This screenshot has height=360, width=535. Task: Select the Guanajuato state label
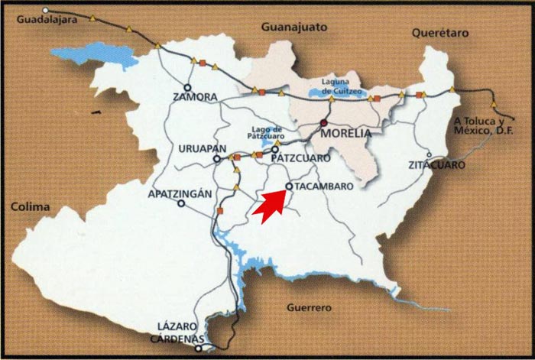click(294, 28)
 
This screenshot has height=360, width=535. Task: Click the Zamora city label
click(196, 98)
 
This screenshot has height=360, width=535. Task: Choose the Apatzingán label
click(179, 193)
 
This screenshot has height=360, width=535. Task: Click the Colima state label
click(31, 206)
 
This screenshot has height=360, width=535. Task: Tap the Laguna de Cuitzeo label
click(339, 86)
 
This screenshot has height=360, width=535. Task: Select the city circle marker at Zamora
click(187, 86)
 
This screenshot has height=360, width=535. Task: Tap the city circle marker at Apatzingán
click(181, 204)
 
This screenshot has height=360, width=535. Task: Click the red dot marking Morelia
click(323, 123)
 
